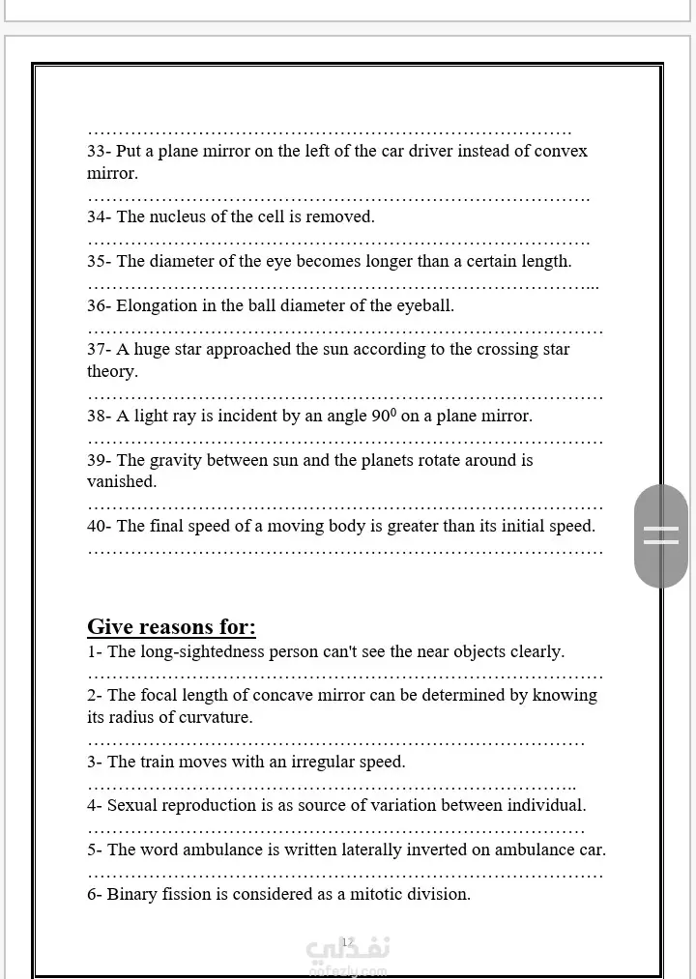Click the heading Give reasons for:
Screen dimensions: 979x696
tap(171, 627)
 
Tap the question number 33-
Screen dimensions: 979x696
tap(100, 151)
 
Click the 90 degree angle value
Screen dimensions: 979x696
tap(384, 416)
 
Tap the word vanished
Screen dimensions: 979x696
tap(121, 481)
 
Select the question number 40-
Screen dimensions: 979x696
tap(100, 527)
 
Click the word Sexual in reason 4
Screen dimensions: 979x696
tap(131, 805)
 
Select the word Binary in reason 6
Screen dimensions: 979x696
tap(130, 894)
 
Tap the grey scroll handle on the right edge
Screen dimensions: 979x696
tap(661, 535)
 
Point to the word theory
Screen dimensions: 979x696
tap(112, 371)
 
